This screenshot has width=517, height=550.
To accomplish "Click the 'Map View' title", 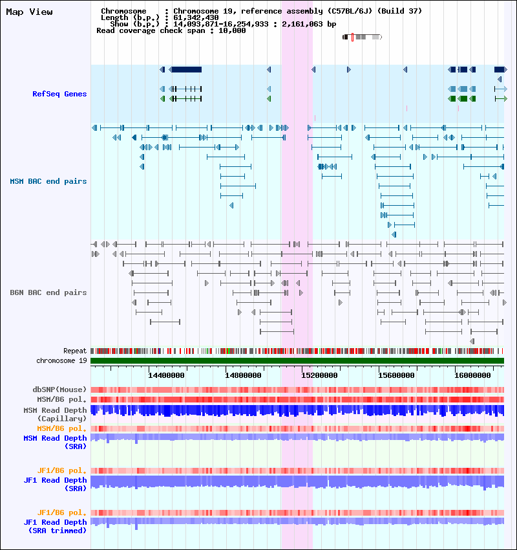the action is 30,12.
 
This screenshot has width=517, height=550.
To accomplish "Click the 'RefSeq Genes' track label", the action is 59,94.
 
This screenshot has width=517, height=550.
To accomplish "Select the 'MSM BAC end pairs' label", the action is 48,181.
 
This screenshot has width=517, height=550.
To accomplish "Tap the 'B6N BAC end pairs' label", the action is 48,292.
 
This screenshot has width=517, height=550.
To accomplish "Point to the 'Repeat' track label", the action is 75,351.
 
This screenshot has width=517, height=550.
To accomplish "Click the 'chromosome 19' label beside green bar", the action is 61,360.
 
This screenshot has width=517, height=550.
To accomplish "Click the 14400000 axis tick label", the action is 166,375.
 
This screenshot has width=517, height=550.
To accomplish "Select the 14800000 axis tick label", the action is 243,375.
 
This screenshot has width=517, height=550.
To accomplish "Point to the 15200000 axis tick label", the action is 319,375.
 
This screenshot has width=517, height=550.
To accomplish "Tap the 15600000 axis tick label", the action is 396,375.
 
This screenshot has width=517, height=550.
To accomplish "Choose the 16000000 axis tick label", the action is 472,375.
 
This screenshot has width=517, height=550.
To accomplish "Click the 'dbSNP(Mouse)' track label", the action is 59,390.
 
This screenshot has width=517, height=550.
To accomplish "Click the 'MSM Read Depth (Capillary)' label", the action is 56,414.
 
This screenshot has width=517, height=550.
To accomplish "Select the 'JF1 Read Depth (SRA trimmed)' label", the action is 56,526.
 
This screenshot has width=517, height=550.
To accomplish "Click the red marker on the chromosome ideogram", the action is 352,37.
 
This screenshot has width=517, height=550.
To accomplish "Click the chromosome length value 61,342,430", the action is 196,17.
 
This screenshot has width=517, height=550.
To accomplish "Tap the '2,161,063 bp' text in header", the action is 309,24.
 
